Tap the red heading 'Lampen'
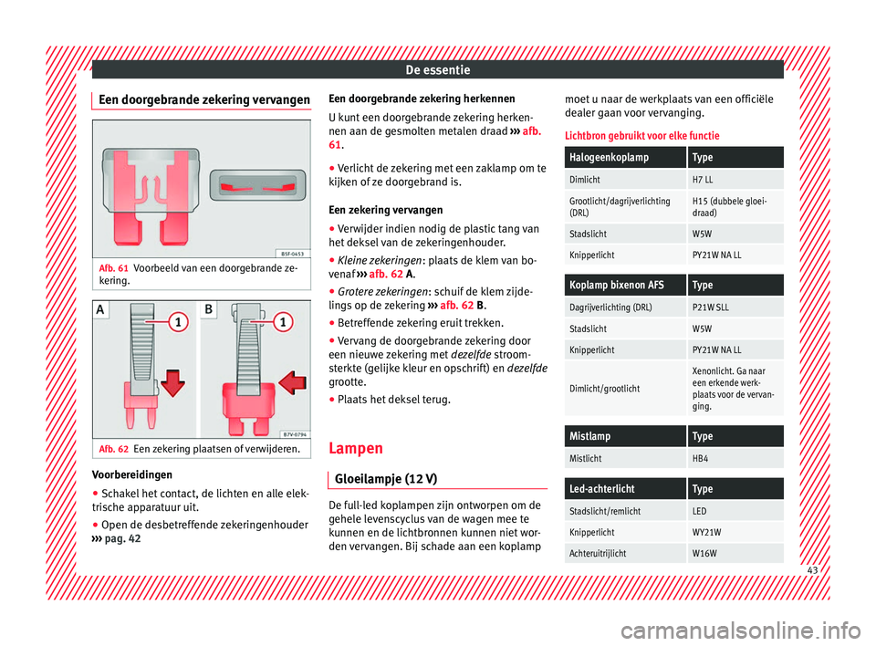[x=354, y=449]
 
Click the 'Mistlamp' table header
[x=590, y=436]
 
